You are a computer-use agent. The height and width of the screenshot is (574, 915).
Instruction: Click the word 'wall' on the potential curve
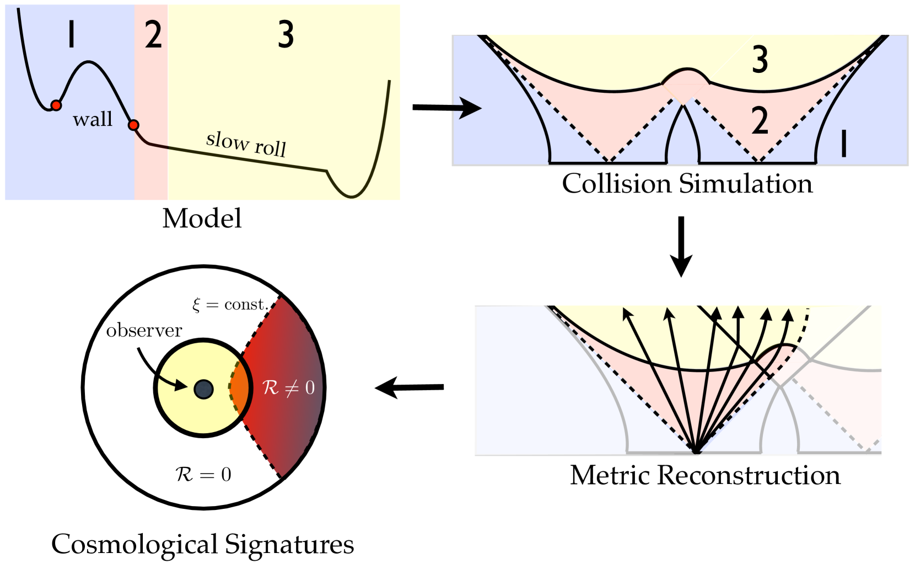pyautogui.click(x=92, y=119)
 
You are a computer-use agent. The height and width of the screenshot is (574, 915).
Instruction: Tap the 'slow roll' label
pyautogui.click(x=246, y=144)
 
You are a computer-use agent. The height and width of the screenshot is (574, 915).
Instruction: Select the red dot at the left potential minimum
pyautogui.click(x=56, y=105)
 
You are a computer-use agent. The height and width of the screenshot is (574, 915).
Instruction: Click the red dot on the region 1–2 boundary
pyautogui.click(x=133, y=125)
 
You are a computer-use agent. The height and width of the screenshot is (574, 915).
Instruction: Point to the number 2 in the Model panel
pyautogui.click(x=153, y=35)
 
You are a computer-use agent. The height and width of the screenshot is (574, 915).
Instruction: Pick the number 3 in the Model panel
pyautogui.click(x=286, y=35)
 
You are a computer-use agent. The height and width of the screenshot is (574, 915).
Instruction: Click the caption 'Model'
pyautogui.click(x=202, y=219)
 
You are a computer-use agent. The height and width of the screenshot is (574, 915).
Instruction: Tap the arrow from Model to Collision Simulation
pyautogui.click(x=446, y=108)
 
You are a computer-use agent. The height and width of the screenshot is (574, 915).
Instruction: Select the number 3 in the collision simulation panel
pyautogui.click(x=760, y=60)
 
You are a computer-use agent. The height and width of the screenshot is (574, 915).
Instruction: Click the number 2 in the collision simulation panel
pyautogui.click(x=760, y=121)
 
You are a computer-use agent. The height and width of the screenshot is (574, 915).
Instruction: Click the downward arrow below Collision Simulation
pyautogui.click(x=681, y=246)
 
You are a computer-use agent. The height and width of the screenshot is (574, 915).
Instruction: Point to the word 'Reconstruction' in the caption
pyautogui.click(x=749, y=475)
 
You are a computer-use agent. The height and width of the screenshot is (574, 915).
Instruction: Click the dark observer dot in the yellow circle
pyautogui.click(x=203, y=389)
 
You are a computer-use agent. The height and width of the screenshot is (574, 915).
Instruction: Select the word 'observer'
pyautogui.click(x=144, y=331)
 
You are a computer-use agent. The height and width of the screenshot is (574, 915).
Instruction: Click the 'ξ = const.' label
pyautogui.click(x=230, y=305)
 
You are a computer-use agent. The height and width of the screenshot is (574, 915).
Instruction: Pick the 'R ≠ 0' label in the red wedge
pyautogui.click(x=288, y=387)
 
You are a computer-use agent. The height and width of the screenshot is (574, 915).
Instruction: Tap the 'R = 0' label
pyautogui.click(x=203, y=474)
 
